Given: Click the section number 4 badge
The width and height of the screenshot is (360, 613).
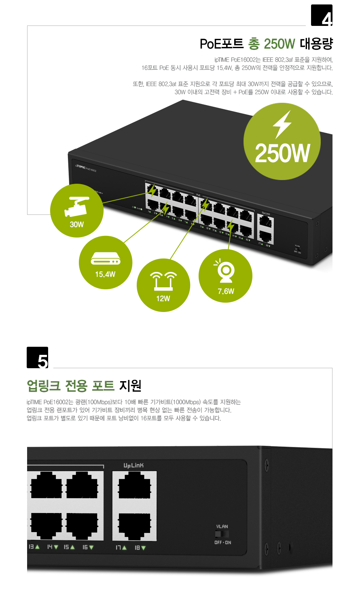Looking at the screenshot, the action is coord(322,15).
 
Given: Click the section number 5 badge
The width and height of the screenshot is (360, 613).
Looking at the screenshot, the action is coord(37,358).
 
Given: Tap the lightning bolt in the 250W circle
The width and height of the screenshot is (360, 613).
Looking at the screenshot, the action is coord(282,124).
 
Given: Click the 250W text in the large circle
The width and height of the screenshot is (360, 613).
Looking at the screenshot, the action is coord(282,154).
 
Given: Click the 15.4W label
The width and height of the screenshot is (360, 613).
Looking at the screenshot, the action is coord(105,274).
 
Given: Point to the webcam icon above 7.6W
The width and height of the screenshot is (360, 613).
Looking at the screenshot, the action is coord(225,270).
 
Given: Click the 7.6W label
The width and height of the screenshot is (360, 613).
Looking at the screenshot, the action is coord(226,291).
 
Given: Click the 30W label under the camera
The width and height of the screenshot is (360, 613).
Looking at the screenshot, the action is coord(76,225).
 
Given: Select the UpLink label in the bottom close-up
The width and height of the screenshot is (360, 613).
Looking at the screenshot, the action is coord(133,465).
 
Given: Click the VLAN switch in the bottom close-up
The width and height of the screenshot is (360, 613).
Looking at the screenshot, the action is coord(222,534).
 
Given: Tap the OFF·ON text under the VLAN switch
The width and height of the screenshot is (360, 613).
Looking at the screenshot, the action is coord(222,543).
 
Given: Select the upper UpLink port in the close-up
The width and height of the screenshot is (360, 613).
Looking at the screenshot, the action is coord(134,486).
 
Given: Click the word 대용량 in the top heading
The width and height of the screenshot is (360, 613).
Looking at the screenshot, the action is coord(316,43).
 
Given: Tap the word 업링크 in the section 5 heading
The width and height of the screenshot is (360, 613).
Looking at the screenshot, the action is coord(43,386).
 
